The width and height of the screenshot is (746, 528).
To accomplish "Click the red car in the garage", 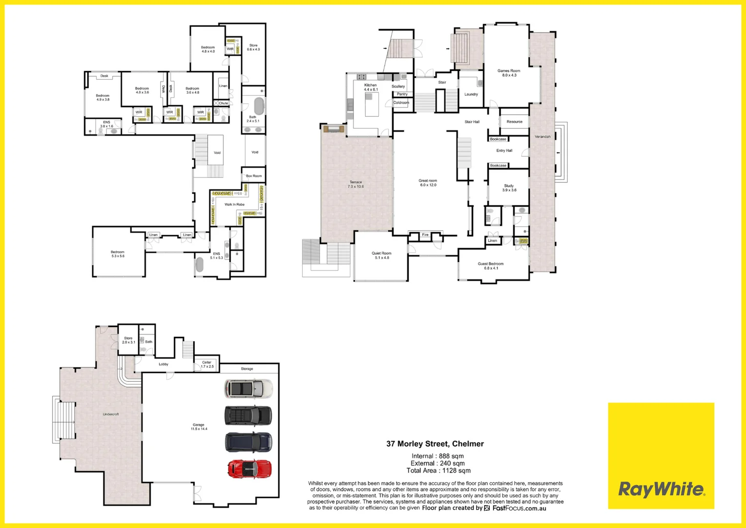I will [249, 469].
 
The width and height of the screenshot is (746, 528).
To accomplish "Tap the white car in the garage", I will [249, 389].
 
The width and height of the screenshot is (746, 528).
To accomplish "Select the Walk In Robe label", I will [234, 204].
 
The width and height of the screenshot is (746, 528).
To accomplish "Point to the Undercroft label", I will [111, 414].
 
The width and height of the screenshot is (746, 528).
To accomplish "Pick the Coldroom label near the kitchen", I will [401, 103].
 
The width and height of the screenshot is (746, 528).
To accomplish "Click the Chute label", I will [223, 103].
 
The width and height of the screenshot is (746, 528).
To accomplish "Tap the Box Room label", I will [253, 176].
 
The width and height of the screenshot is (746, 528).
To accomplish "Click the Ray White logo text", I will [661, 489].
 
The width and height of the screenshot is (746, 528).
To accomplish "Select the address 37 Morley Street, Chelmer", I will [435, 444].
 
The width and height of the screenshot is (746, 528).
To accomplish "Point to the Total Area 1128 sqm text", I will [438, 471].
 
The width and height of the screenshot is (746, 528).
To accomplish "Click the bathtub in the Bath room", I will [258, 106].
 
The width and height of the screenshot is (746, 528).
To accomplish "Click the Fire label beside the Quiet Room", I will [425, 235].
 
